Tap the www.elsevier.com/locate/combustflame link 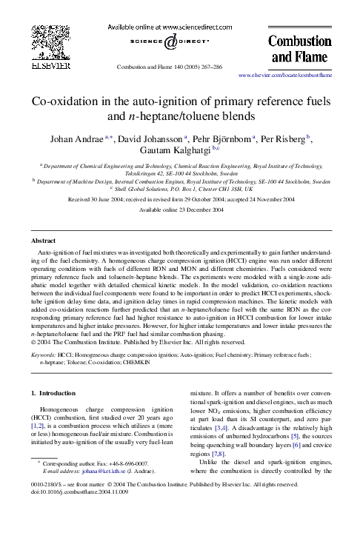[x=285, y=76]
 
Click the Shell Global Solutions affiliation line [x=181, y=189]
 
